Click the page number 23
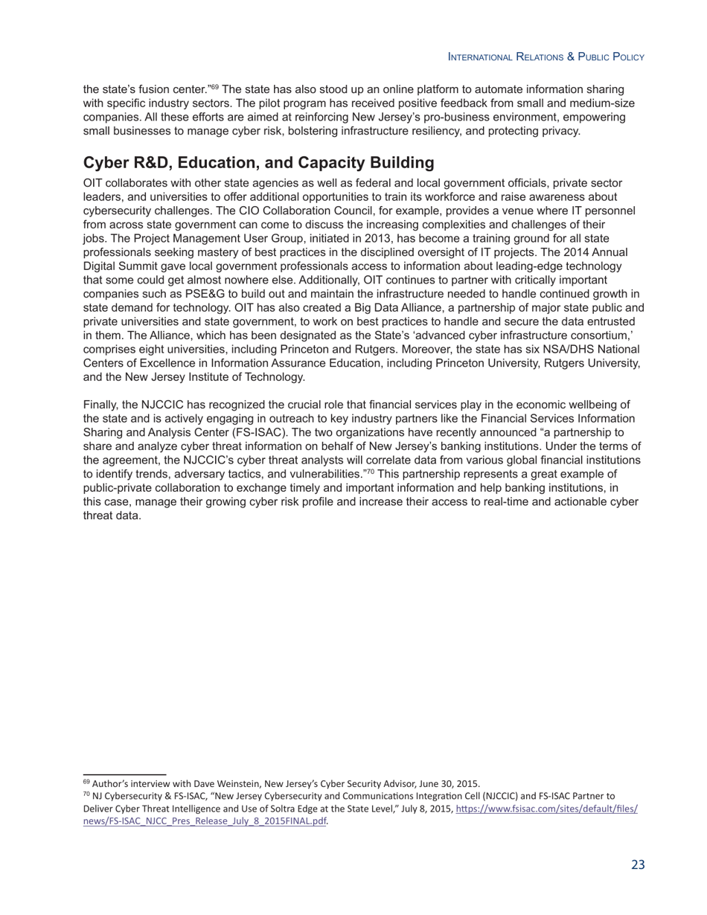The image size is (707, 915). [x=638, y=864]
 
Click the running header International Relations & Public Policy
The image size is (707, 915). [x=546, y=57]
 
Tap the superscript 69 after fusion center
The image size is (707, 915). [x=215, y=87]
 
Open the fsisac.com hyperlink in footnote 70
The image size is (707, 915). [x=546, y=809]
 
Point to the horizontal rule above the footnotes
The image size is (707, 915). [x=124, y=774]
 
